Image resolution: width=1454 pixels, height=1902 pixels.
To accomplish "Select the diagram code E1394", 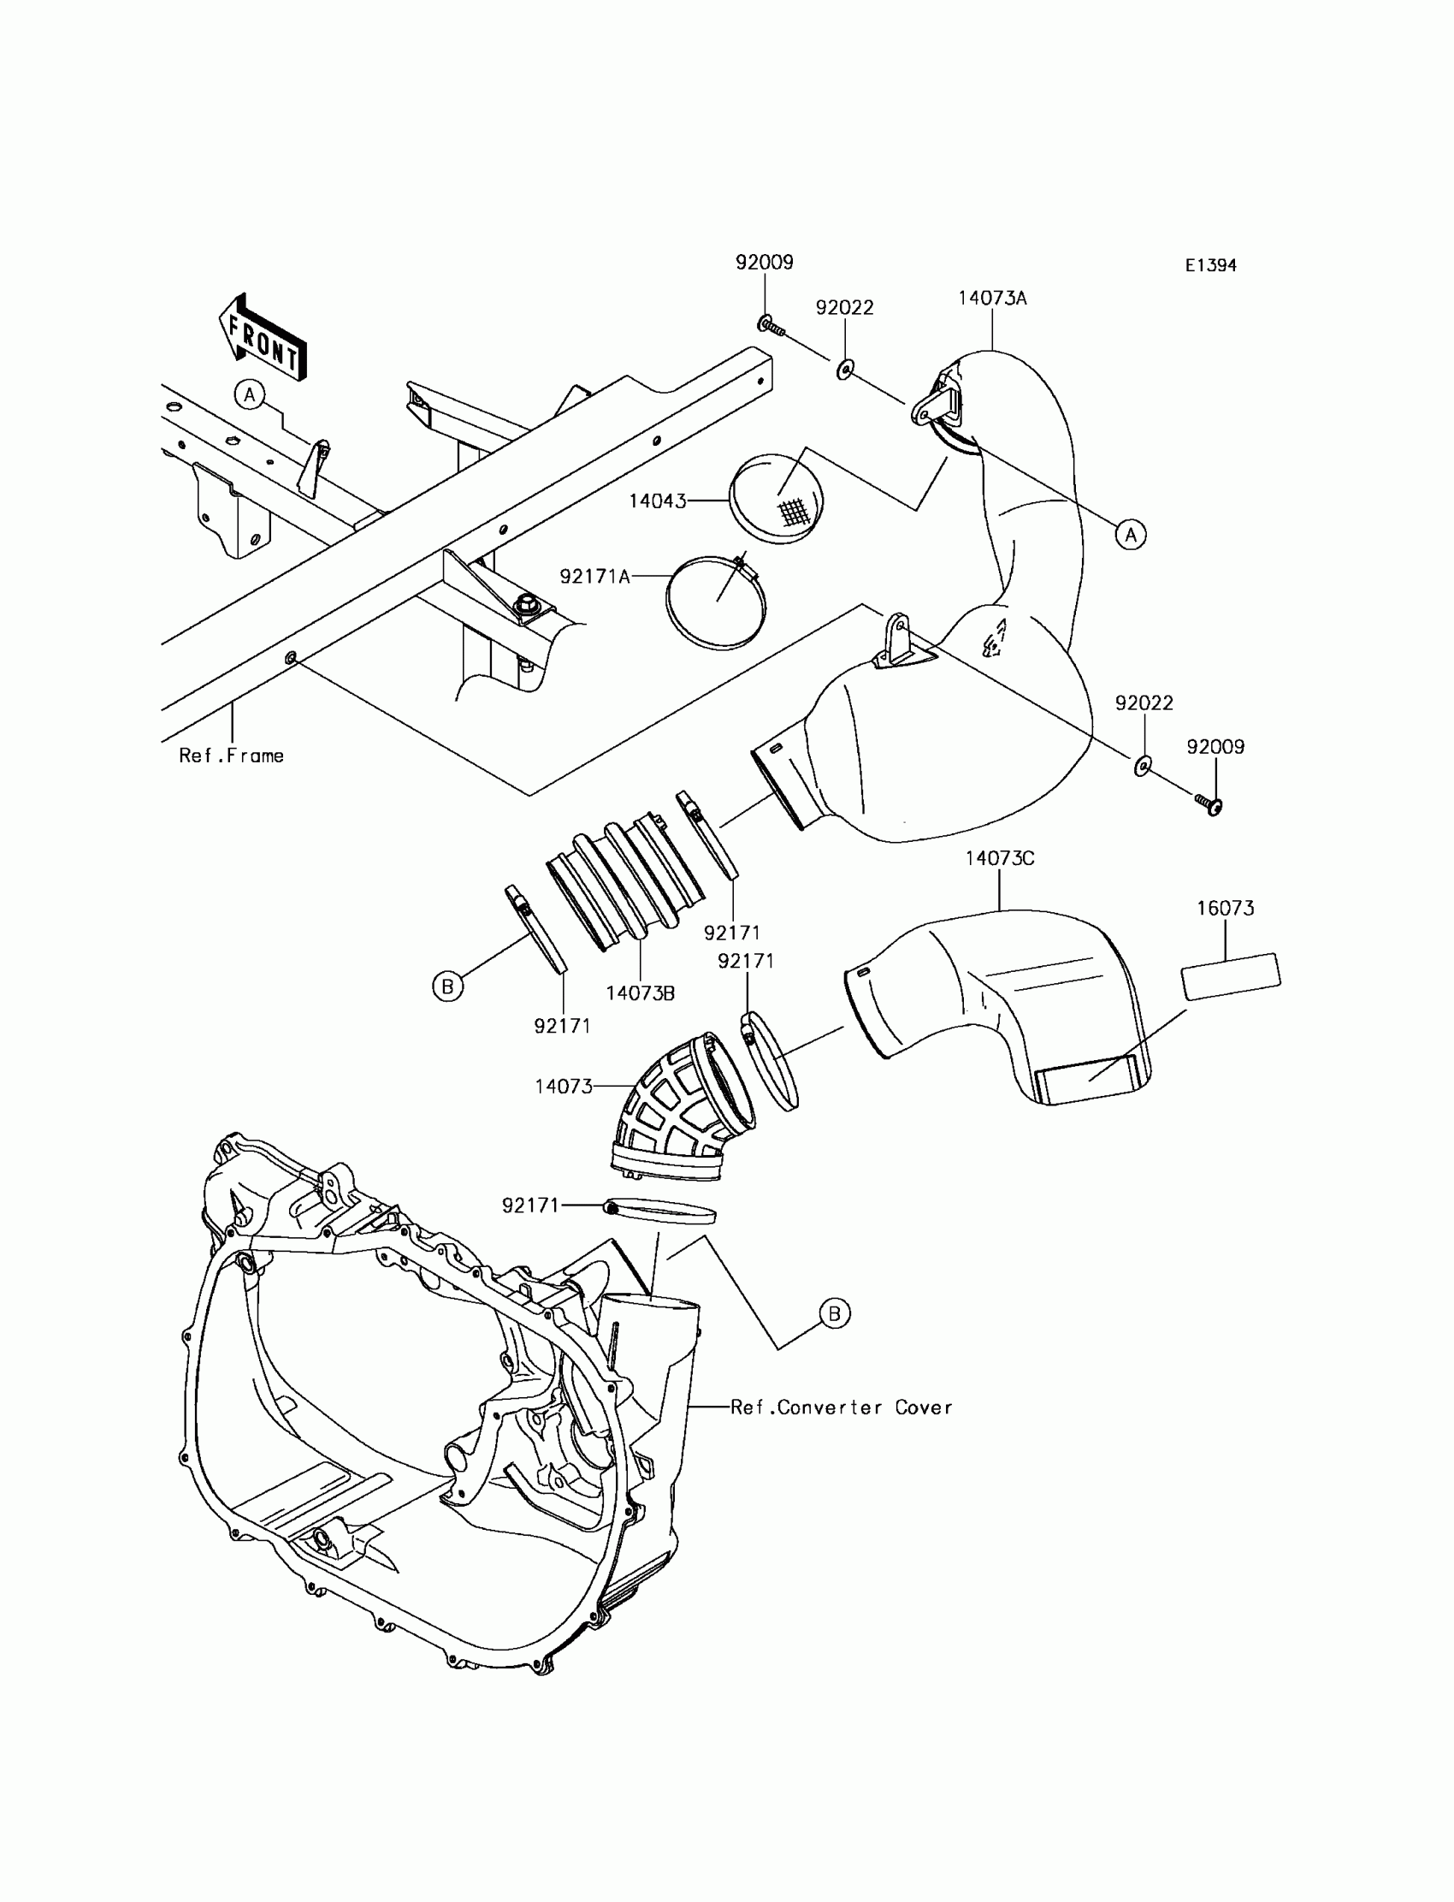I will coord(1210,266).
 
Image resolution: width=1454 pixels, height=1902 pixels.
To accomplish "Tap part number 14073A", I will coord(992,299).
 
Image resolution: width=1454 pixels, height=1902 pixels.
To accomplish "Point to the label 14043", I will coord(657,501).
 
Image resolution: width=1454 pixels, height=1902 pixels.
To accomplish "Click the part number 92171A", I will coord(594,576).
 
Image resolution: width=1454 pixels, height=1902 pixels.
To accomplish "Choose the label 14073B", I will coord(640,993).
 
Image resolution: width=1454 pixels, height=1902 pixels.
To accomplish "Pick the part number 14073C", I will coord(1000,858).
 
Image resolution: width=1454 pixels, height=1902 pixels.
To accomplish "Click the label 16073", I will coord(1225,908).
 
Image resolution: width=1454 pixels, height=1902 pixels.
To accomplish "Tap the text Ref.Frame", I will coord(231,755).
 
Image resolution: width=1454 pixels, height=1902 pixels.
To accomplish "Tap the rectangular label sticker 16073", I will coord(1231,976).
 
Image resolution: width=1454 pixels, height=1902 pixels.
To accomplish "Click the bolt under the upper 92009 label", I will coord(771,326).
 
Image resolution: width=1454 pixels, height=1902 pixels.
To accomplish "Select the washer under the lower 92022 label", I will coord(1143,765).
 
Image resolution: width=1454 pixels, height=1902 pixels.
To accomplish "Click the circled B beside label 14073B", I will coord(447,986).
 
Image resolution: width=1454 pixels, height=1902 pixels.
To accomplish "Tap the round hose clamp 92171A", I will coord(716,603).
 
